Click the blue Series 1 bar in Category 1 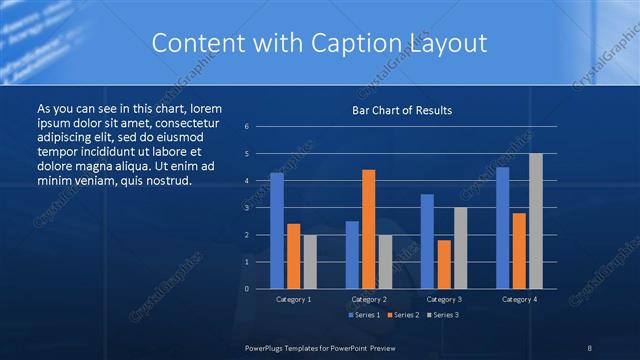pos(277,231)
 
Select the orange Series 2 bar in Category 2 pos(368,229)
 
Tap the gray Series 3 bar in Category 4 pos(535,221)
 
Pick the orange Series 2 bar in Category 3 pos(443,264)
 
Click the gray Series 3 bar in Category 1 pos(310,262)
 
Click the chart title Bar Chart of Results pos(402,110)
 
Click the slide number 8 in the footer pos(589,347)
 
